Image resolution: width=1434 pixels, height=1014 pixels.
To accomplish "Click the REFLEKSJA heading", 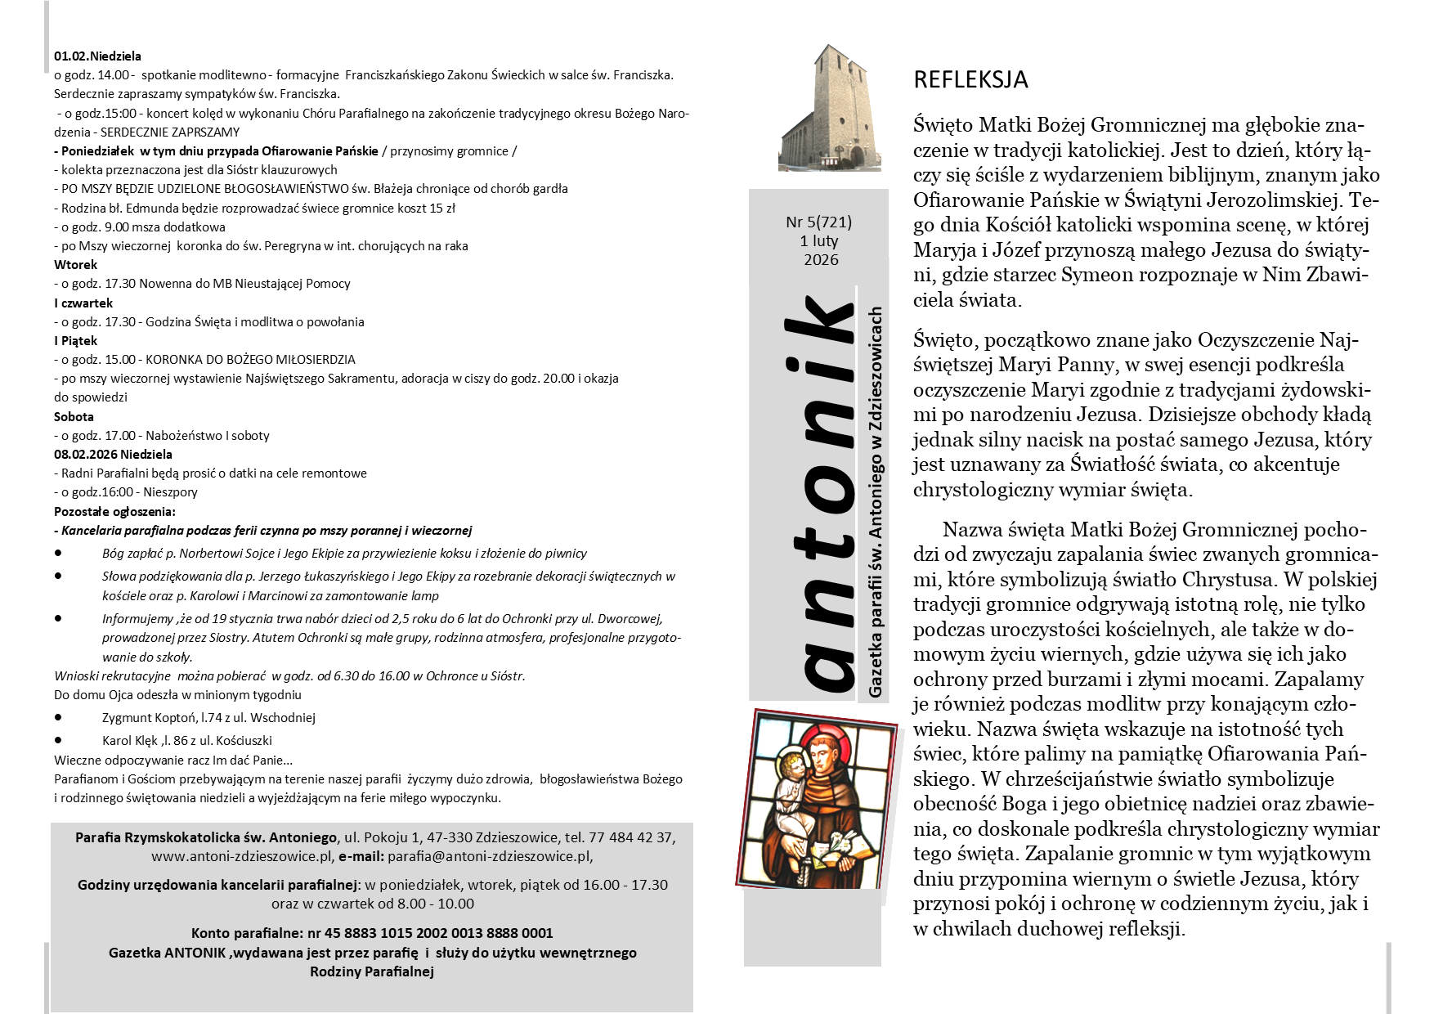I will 970,79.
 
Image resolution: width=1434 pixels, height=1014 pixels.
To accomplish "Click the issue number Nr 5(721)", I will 818,222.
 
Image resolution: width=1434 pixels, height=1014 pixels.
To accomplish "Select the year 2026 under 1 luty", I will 821,260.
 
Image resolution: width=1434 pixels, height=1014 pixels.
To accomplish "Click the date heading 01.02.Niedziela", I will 97,56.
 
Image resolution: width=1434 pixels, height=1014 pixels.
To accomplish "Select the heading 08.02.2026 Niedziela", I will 113,455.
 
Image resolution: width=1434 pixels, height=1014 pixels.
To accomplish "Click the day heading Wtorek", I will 75,265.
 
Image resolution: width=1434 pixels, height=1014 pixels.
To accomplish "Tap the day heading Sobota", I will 74,417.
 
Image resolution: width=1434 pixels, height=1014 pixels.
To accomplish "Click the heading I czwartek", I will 83,303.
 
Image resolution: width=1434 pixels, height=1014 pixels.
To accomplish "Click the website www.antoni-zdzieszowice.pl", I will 242,857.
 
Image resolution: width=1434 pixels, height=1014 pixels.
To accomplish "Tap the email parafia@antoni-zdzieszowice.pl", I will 489,857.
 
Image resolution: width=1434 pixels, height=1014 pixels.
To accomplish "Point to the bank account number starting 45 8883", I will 438,933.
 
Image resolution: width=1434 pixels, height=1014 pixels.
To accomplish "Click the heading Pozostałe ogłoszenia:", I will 114,512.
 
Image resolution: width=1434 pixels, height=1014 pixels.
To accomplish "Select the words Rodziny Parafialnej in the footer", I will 372,971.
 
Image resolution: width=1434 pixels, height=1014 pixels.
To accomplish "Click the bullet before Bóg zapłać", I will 58,554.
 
